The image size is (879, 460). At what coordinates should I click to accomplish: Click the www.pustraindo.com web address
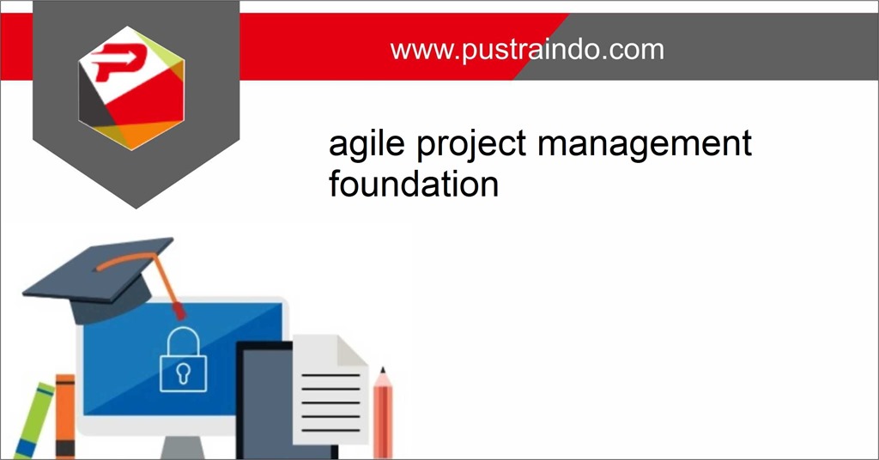click(526, 49)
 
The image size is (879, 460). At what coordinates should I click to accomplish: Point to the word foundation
click(413, 183)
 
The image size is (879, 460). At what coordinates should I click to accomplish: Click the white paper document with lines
click(330, 390)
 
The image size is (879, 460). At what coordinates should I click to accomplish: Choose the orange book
click(64, 416)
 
